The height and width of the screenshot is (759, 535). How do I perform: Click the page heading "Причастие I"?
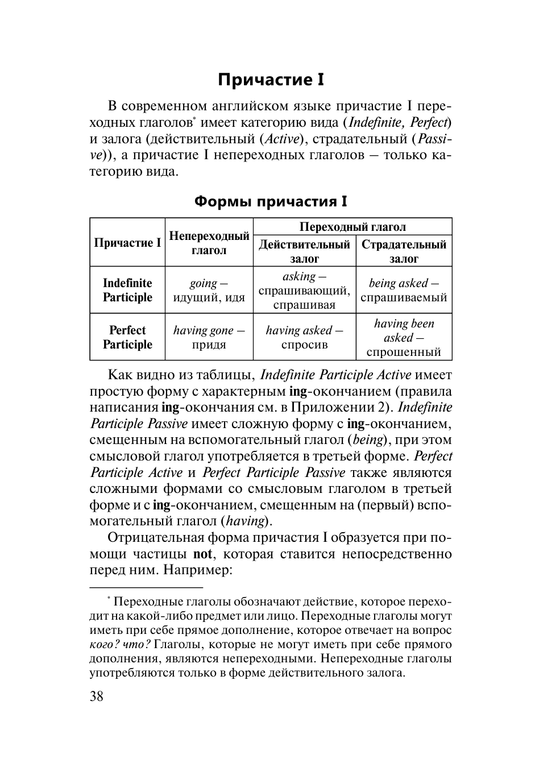click(271, 80)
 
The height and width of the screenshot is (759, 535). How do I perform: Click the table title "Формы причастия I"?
click(271, 201)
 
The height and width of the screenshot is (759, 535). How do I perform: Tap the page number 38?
click(97, 696)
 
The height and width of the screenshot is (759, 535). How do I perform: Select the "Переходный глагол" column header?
click(352, 227)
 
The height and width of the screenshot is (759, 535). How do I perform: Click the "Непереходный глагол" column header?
click(209, 243)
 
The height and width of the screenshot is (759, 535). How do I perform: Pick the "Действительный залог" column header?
click(304, 251)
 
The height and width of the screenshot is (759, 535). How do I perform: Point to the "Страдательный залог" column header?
click(404, 251)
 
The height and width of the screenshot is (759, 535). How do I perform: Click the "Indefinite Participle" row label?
click(127, 290)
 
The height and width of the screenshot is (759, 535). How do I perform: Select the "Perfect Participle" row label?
click(127, 337)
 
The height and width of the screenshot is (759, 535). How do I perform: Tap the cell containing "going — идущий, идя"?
click(209, 290)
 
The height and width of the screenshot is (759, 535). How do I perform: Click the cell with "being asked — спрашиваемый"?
click(404, 290)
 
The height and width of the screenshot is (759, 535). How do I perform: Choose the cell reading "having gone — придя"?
click(209, 337)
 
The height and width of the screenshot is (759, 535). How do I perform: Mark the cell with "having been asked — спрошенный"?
click(404, 337)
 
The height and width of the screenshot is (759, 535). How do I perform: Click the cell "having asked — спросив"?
click(304, 337)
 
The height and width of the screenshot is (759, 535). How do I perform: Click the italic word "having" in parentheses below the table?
click(246, 521)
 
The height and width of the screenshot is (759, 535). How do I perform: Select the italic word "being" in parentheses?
click(369, 439)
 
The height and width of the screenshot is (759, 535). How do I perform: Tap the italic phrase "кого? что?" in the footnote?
click(120, 645)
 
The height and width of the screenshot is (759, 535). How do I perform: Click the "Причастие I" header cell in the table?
click(127, 243)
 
